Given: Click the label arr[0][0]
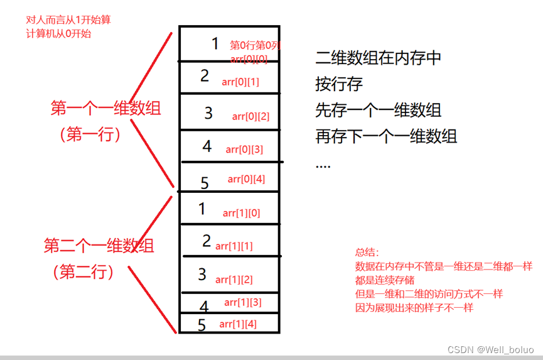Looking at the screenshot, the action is [249, 59].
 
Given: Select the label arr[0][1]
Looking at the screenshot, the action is [240, 82].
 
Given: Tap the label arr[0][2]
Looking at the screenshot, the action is [250, 116].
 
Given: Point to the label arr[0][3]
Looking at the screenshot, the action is [244, 149].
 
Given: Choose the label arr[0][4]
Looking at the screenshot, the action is [246, 179].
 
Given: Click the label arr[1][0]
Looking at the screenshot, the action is [241, 213].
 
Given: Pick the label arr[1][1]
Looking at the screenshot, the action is [234, 246].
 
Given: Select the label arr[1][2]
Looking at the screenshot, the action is [234, 279].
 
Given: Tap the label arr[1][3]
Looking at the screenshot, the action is [242, 303].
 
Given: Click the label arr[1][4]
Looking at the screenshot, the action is [238, 324].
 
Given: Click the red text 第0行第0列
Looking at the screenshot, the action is [255, 45].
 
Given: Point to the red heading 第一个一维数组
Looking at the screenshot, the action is [105, 108].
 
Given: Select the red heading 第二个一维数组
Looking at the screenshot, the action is [99, 245].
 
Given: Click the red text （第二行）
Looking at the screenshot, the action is [83, 271].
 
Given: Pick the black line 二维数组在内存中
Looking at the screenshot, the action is [379, 58].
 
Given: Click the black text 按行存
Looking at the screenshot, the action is [339, 84].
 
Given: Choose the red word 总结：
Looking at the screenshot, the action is [368, 253].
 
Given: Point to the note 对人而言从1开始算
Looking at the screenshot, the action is [68, 20].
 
